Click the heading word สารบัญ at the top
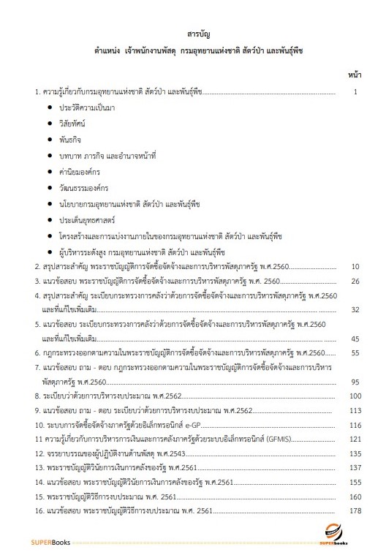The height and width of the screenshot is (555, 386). [193, 34]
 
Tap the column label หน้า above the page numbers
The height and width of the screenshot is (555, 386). [356, 74]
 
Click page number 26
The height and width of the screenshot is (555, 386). [355, 282]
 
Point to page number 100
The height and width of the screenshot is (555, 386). [356, 396]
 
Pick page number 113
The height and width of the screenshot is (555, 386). [356, 410]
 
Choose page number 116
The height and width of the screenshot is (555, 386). [356, 425]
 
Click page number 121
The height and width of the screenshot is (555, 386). [356, 439]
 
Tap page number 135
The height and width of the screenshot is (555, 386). [356, 453]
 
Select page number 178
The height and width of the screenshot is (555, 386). [356, 510]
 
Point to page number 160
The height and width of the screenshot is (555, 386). [356, 496]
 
